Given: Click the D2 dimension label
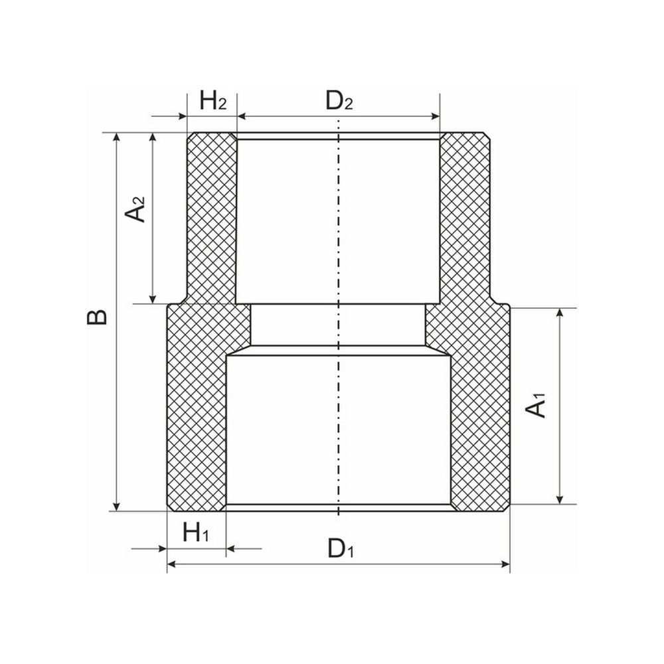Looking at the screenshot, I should click(339, 102).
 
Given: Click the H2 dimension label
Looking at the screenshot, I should click(213, 102).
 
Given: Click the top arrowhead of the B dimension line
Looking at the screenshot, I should click(118, 137).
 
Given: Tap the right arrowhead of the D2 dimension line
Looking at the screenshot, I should click(435, 117).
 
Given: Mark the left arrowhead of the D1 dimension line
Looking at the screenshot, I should click(171, 564).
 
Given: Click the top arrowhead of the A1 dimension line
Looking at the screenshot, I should click(560, 313).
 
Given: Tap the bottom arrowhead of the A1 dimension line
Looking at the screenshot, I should click(560, 499).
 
